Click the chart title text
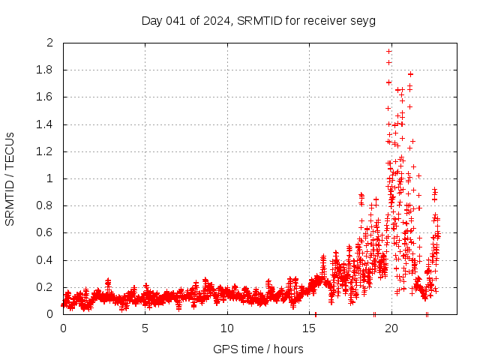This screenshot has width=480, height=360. [x=259, y=20]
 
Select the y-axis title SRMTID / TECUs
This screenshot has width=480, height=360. [x=10, y=178]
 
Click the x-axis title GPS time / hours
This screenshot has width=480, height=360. [x=258, y=349]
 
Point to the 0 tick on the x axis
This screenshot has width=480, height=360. [x=63, y=328]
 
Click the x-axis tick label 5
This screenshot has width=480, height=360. [x=145, y=328]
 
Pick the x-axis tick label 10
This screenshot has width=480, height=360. [x=227, y=328]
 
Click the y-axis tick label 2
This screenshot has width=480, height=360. [x=50, y=43]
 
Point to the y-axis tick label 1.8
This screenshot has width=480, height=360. [x=46, y=70]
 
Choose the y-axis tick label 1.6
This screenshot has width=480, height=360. [x=46, y=97]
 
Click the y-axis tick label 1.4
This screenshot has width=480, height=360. [x=46, y=124]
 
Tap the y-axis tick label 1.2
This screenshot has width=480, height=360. [x=46, y=151]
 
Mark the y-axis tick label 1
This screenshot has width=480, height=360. [x=50, y=178]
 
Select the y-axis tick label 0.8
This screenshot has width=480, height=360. [x=46, y=205]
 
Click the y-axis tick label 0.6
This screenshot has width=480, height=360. [x=46, y=232]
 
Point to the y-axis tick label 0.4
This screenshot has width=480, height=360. [x=46, y=260]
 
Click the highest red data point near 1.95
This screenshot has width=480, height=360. [x=388, y=51]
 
